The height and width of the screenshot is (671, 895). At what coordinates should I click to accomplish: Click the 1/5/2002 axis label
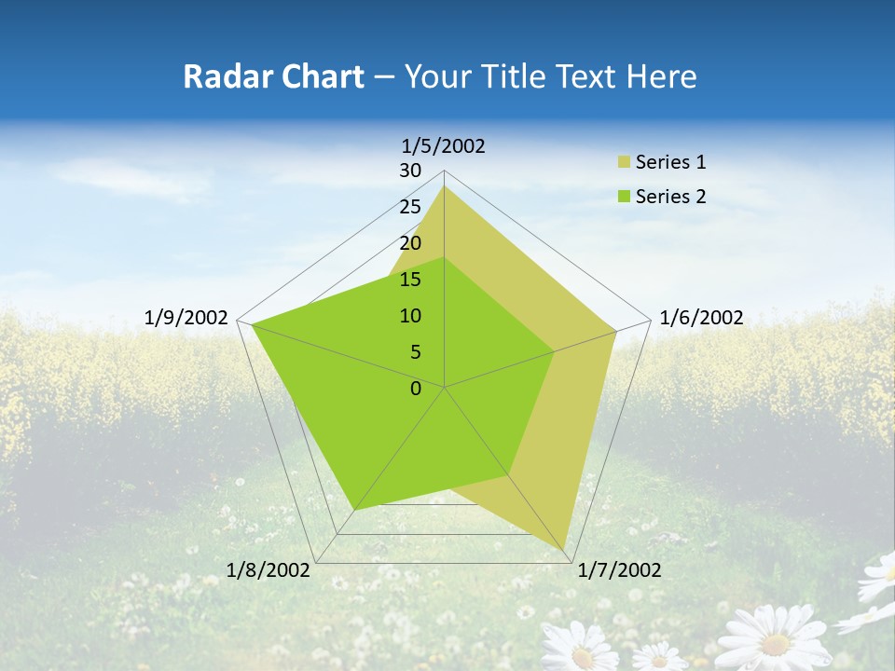[444, 146]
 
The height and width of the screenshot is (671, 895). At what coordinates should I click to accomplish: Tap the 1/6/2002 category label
[701, 318]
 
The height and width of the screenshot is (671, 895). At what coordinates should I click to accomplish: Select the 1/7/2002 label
[619, 570]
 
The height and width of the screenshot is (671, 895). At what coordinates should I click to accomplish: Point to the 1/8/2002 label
[268, 570]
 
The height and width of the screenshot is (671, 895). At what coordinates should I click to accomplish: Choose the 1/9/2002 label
[186, 318]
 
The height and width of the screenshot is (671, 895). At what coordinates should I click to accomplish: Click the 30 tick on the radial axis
[410, 171]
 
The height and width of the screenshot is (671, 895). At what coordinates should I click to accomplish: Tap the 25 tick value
[410, 207]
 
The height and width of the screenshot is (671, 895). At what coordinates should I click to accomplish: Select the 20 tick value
[410, 243]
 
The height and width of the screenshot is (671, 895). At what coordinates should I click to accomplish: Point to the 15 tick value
[410, 280]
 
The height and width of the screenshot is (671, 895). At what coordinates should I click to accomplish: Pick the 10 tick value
[410, 316]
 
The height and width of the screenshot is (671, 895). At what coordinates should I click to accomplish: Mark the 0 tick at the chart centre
[416, 389]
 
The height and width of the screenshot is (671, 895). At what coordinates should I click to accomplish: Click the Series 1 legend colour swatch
[624, 163]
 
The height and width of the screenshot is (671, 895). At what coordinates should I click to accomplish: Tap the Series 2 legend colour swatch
[624, 197]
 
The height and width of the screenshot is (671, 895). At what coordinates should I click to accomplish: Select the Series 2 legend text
[670, 197]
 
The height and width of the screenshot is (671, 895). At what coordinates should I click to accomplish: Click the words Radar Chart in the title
[273, 76]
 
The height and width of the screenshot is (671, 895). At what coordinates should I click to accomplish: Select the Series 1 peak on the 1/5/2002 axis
[445, 186]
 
